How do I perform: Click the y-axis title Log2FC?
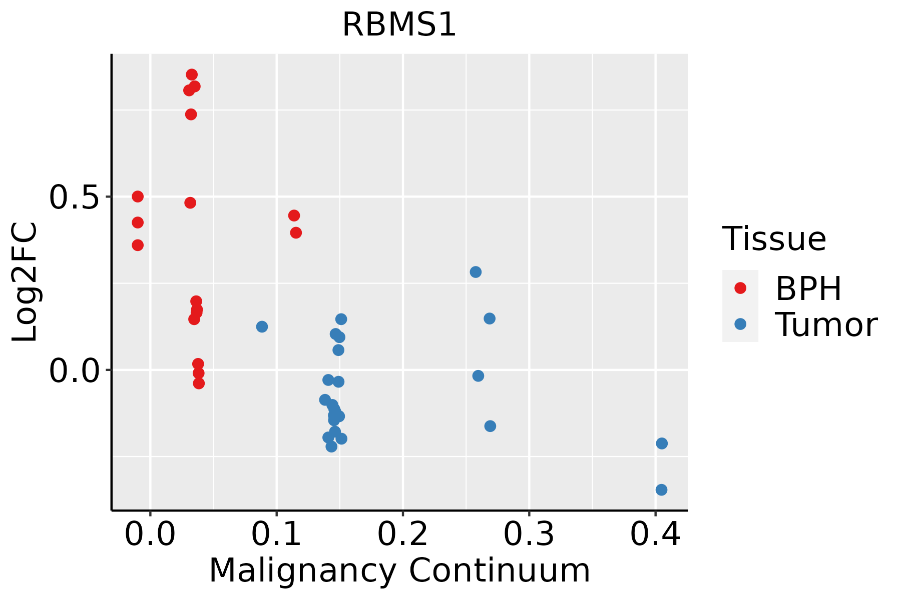pyautogui.click(x=25, y=282)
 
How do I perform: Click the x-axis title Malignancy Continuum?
pyautogui.click(x=399, y=570)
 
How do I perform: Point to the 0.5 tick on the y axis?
pyautogui.click(x=75, y=197)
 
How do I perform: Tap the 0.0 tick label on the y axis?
pyautogui.click(x=75, y=370)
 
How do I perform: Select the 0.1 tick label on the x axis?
pyautogui.click(x=276, y=534)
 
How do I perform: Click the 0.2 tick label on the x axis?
pyautogui.click(x=402, y=534)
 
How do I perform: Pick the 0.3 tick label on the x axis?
pyautogui.click(x=529, y=534)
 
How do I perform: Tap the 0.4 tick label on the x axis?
pyautogui.click(x=655, y=534)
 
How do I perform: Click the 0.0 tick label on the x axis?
pyautogui.click(x=150, y=534)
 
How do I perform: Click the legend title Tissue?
pyautogui.click(x=774, y=239)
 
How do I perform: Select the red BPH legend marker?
pyautogui.click(x=740, y=287)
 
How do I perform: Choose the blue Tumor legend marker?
pyautogui.click(x=740, y=324)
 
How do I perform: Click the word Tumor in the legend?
pyautogui.click(x=826, y=325)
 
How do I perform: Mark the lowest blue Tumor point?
pyautogui.click(x=661, y=489)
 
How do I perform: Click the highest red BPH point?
pyautogui.click(x=192, y=74)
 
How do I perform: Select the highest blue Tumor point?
pyautogui.click(x=476, y=272)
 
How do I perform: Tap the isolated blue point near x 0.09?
pyautogui.click(x=262, y=326)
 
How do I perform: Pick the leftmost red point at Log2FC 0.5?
pyautogui.click(x=138, y=196)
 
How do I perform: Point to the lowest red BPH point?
pyautogui.click(x=199, y=383)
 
